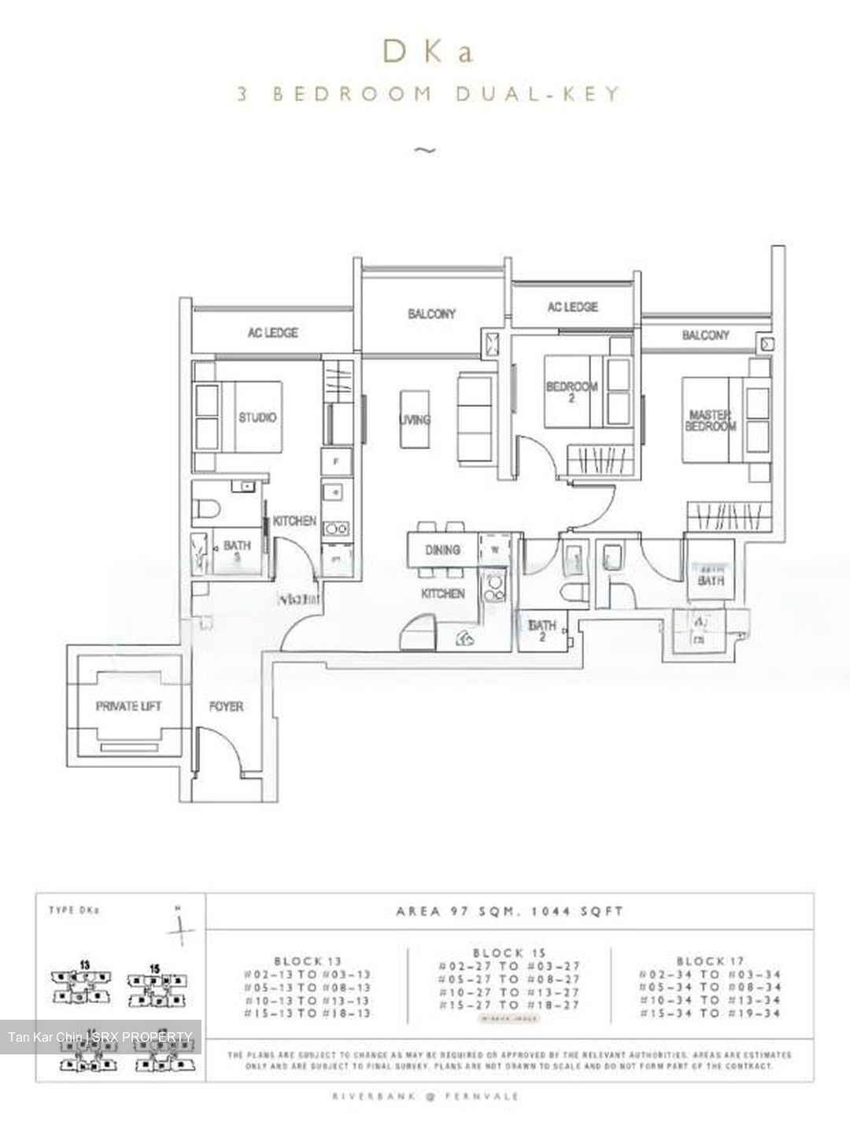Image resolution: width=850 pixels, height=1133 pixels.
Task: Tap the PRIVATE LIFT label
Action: (128, 707)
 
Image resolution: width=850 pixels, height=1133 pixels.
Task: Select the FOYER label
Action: (226, 707)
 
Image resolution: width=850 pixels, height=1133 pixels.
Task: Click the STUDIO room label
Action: (258, 417)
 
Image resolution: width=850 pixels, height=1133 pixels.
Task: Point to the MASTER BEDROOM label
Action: (710, 420)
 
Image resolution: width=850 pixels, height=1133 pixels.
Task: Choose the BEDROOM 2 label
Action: (572, 392)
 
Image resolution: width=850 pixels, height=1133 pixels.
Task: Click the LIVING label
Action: (415, 419)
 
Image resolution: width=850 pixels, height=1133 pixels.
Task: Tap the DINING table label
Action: (442, 550)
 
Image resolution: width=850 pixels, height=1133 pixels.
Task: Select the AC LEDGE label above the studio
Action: (272, 333)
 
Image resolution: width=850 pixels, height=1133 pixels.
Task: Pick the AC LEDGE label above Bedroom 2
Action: (572, 307)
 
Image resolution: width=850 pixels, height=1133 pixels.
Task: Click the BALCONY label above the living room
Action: (431, 313)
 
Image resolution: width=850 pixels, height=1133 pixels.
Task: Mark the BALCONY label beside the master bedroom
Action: (705, 335)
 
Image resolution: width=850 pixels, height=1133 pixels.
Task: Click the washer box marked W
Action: (495, 550)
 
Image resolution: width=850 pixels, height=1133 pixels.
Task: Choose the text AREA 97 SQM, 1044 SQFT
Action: (510, 911)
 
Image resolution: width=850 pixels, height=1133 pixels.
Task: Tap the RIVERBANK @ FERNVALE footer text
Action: (426, 1095)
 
